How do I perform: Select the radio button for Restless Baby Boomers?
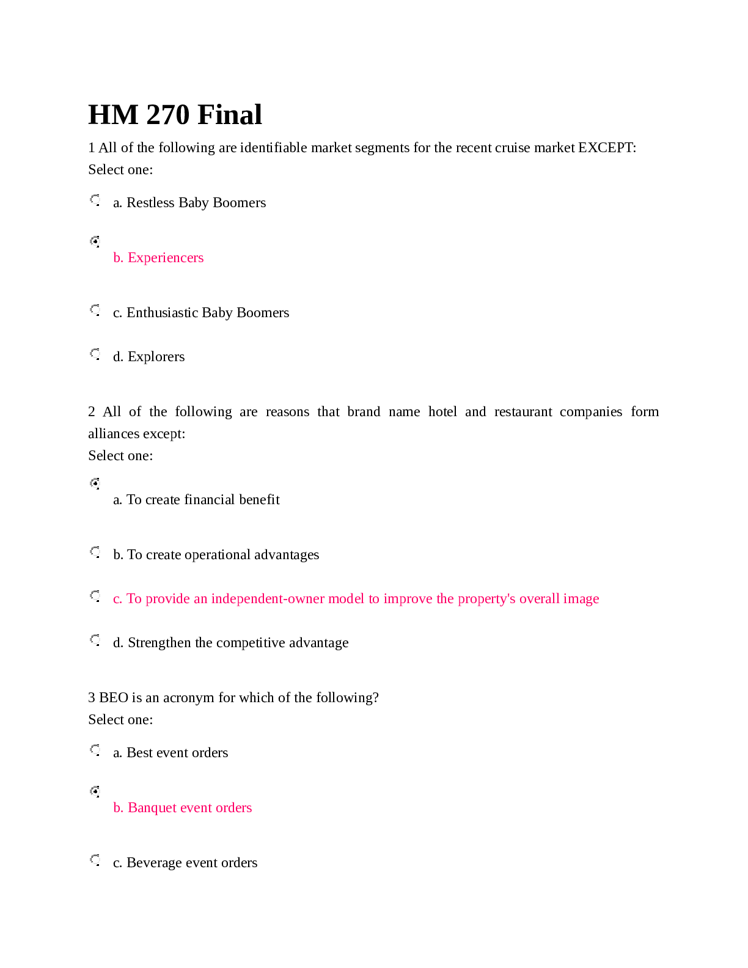click(95, 200)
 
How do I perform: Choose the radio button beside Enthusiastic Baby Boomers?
click(95, 310)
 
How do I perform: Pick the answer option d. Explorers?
click(148, 357)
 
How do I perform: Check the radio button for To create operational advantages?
click(95, 552)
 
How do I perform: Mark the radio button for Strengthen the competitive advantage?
click(95, 640)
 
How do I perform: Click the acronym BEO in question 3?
click(113, 698)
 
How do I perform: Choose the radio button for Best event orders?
click(95, 750)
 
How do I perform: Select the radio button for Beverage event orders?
click(95, 860)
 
